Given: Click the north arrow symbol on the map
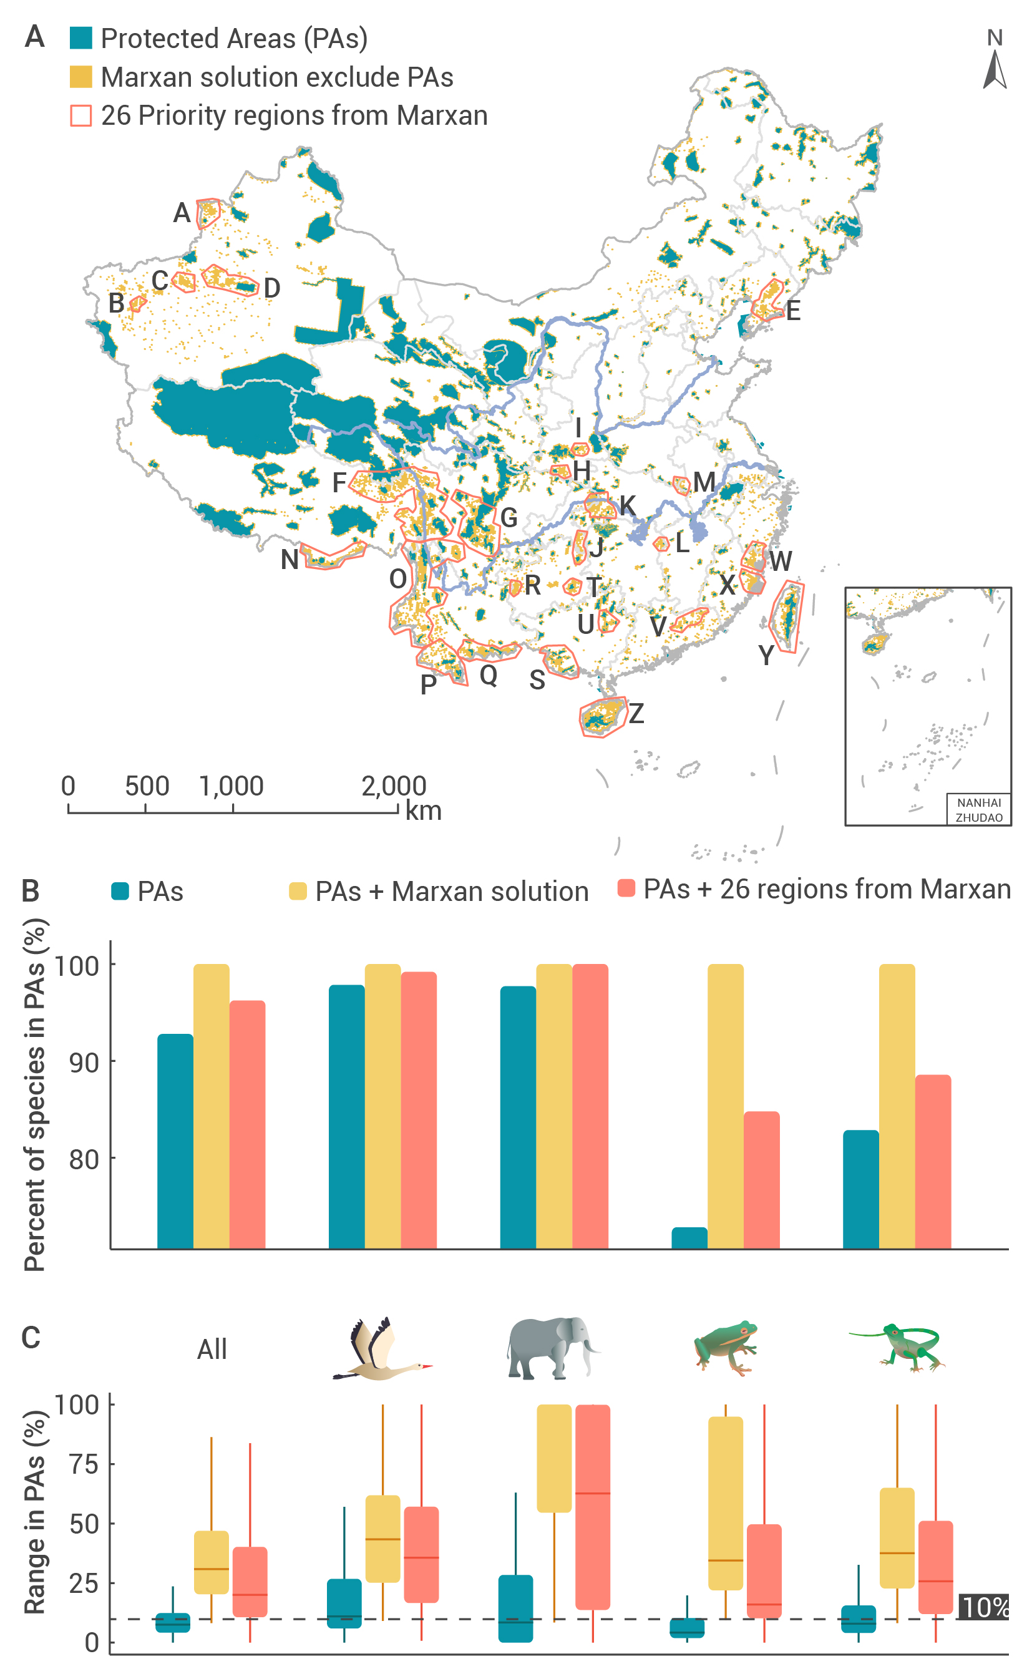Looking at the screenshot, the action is (x=995, y=70).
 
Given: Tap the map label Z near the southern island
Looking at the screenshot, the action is (x=636, y=713).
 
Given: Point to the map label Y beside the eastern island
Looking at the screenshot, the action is (x=766, y=655).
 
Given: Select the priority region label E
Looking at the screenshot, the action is (x=792, y=311).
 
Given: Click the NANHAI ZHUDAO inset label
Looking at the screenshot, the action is (x=979, y=809).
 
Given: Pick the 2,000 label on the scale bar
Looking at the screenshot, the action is (x=394, y=786).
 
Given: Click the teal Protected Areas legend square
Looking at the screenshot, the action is (x=80, y=38).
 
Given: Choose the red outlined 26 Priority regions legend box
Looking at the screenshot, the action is (x=80, y=115).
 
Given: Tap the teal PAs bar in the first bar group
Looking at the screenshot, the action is (x=175, y=1141).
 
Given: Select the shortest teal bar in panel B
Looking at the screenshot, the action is (x=689, y=1238).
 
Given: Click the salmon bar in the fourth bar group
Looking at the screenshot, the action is (x=761, y=1180).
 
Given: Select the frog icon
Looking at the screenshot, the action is (x=726, y=1346).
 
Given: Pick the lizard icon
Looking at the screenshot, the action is (x=897, y=1347).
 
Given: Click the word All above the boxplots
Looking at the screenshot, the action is (x=212, y=1350).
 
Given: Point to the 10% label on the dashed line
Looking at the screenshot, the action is (x=983, y=1607).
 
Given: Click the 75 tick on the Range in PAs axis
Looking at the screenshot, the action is (x=84, y=1464).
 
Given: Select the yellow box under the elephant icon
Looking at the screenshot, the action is (x=554, y=1458).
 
